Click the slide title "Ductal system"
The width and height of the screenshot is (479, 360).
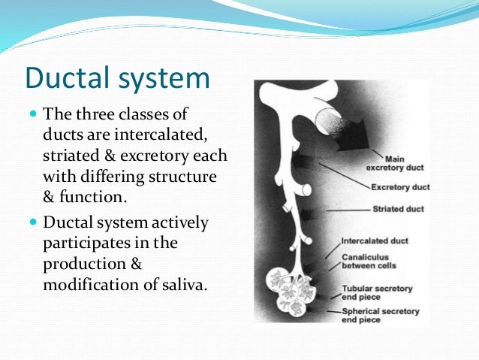(x=118, y=79)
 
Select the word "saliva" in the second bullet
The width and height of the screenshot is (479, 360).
(x=179, y=287)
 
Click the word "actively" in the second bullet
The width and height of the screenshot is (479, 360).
(x=183, y=223)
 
